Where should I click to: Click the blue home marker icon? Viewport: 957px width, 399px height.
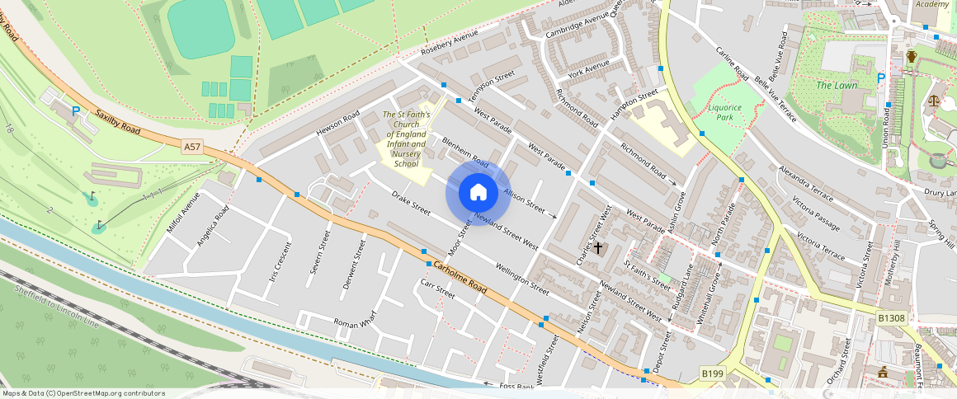pos(478,193)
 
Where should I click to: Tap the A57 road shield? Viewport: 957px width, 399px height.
pos(192,147)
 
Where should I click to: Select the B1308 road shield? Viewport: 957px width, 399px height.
pos(890,317)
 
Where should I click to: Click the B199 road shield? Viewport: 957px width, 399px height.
pos(712,373)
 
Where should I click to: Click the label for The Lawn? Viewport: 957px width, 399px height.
pos(837,86)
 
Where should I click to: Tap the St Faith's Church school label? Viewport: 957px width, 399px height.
pos(404,139)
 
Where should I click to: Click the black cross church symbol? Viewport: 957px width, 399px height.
pos(598,246)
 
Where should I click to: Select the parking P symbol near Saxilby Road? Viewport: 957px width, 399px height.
pos(76,110)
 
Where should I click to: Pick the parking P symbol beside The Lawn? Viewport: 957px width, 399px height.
pos(881,78)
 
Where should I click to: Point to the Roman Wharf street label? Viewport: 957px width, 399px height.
pos(354,322)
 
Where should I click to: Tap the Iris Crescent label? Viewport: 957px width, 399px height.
pos(280,262)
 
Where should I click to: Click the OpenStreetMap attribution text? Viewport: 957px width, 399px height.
pos(83,393)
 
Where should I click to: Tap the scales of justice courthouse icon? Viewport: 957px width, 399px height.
pos(934,101)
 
